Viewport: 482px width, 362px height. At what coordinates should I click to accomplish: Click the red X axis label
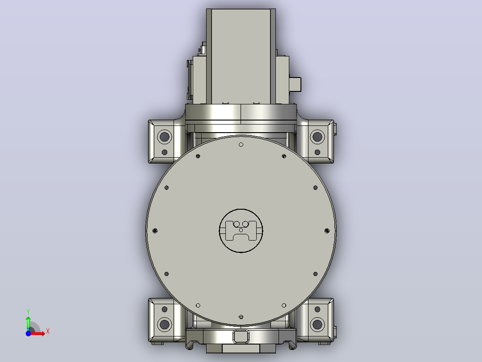[48, 332]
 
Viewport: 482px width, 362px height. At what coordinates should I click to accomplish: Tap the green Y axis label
[28, 312]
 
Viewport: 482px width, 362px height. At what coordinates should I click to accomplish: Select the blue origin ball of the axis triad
[28, 333]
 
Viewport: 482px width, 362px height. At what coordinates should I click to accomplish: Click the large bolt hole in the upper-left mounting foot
[165, 136]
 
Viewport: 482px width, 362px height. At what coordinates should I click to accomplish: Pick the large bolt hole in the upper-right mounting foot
[317, 136]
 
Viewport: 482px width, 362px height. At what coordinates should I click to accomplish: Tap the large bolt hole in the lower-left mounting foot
[165, 324]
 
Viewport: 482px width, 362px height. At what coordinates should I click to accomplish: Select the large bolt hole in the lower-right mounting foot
[317, 324]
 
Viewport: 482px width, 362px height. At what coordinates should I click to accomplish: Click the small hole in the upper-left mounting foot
[165, 152]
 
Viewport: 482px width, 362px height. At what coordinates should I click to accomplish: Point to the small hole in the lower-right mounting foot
[317, 309]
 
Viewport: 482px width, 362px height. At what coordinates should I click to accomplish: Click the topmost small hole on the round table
[241, 145]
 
